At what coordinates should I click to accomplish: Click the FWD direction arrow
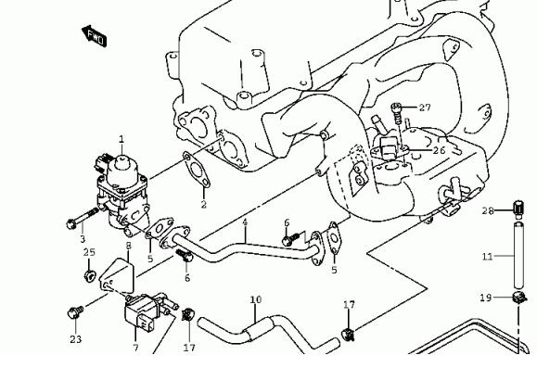pyautogui.click(x=95, y=36)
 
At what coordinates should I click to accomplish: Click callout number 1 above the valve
pyautogui.click(x=121, y=139)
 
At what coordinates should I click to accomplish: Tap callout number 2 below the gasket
pyautogui.click(x=204, y=205)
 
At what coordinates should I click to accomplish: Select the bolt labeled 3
pyautogui.click(x=83, y=219)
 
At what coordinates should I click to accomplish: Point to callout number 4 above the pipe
pyautogui.click(x=245, y=222)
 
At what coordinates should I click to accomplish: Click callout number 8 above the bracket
pyautogui.click(x=128, y=246)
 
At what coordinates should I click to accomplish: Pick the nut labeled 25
pyautogui.click(x=90, y=276)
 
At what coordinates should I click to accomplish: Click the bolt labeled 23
pyautogui.click(x=76, y=312)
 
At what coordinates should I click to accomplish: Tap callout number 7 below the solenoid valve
pyautogui.click(x=136, y=348)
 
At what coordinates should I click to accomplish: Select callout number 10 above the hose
pyautogui.click(x=255, y=299)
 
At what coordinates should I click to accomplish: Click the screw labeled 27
pyautogui.click(x=396, y=113)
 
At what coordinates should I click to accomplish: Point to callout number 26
pyautogui.click(x=440, y=150)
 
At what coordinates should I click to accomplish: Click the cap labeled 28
pyautogui.click(x=518, y=209)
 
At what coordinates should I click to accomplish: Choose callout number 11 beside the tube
pyautogui.click(x=487, y=256)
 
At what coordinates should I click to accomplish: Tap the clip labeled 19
pyautogui.click(x=519, y=298)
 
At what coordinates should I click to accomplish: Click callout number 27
pyautogui.click(x=425, y=108)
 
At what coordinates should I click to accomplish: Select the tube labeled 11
pyautogui.click(x=518, y=255)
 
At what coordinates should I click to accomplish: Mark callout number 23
pyautogui.click(x=76, y=339)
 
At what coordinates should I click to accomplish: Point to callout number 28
pyautogui.click(x=488, y=210)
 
